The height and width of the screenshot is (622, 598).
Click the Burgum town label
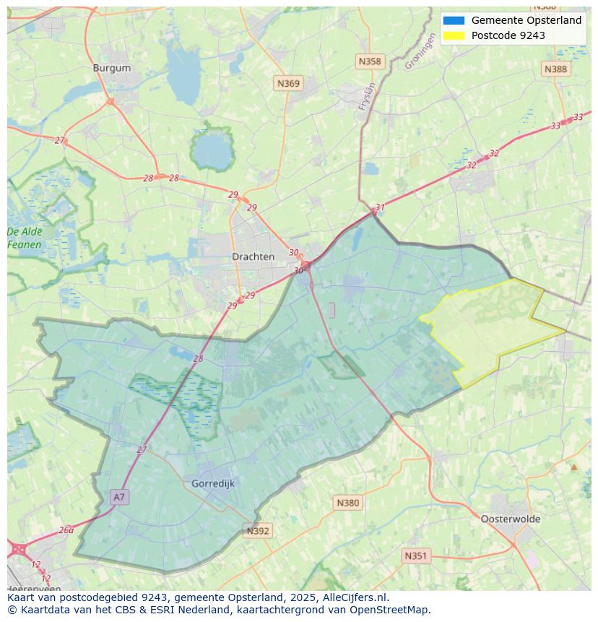112,68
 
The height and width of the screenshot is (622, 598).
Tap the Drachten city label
253,256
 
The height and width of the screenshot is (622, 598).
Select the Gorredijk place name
213,483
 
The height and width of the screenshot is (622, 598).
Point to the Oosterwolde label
511,519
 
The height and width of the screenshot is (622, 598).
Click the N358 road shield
369,61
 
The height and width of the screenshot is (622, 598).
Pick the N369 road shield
288,84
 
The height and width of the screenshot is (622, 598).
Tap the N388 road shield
555,69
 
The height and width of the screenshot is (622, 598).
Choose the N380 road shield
347,503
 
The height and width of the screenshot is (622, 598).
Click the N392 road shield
258,531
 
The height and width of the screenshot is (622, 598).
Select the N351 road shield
415,556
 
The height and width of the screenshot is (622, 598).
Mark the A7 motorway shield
119,497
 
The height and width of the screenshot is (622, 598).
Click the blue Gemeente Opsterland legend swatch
454,20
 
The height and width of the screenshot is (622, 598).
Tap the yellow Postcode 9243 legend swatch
454,35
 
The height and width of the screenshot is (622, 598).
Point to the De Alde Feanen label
25,238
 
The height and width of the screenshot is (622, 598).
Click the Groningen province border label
420,53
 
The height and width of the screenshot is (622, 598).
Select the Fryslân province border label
368,96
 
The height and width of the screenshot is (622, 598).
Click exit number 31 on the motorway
380,207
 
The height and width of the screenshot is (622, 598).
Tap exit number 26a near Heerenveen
66,530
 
